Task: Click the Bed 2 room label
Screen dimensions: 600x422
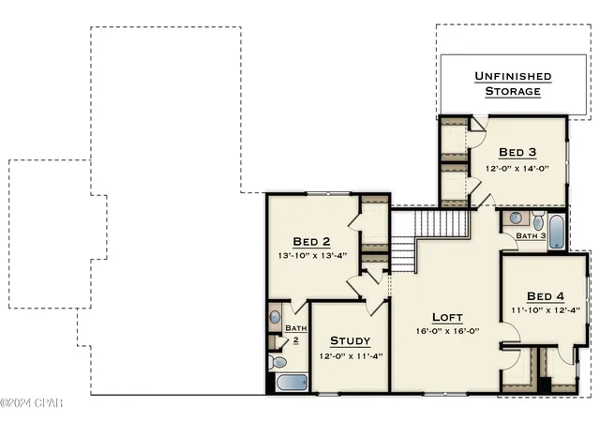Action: [311, 242]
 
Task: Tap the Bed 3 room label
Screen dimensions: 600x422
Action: [517, 153]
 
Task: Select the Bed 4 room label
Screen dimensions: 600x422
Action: [546, 296]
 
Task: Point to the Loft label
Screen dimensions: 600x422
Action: [447, 318]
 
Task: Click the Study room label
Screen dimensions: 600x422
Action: [350, 340]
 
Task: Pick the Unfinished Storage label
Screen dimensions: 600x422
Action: [513, 83]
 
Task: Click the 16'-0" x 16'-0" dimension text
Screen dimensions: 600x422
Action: [448, 331]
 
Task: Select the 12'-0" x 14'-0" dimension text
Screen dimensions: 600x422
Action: [517, 168]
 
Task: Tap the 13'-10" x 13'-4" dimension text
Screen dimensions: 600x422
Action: [312, 255]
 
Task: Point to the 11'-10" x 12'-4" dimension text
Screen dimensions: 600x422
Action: [546, 309]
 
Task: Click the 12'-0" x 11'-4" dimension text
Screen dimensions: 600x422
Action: [352, 356]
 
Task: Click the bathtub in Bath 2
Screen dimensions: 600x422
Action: [292, 383]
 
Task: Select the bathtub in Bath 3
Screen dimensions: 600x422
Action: [556, 232]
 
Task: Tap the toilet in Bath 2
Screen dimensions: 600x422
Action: [277, 362]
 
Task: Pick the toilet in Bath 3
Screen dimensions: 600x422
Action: [538, 220]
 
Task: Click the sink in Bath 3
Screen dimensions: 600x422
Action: [516, 219]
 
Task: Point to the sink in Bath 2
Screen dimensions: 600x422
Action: [275, 317]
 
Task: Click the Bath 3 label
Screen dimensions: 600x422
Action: [531, 235]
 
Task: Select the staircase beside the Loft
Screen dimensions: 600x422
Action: [429, 241]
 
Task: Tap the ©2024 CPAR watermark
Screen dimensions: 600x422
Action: [31, 403]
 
